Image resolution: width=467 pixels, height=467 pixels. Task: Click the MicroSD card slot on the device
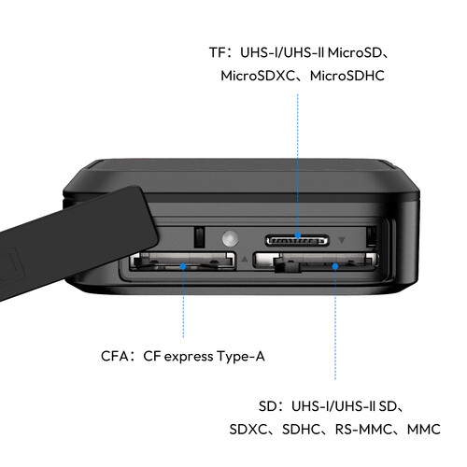click(x=296, y=238)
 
